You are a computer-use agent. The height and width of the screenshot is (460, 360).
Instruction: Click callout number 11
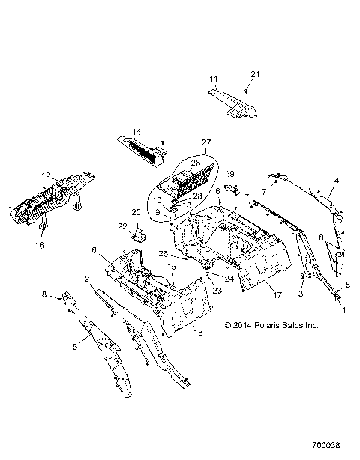(x=214, y=79)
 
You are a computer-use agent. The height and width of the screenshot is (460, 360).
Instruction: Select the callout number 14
(x=136, y=133)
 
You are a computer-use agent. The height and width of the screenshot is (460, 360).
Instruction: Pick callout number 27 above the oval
(x=186, y=142)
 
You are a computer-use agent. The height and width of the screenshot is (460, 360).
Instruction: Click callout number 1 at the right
(x=344, y=308)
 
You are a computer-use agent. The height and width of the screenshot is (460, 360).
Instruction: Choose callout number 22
(x=121, y=226)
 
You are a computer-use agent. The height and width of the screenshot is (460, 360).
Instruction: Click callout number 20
(x=136, y=212)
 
